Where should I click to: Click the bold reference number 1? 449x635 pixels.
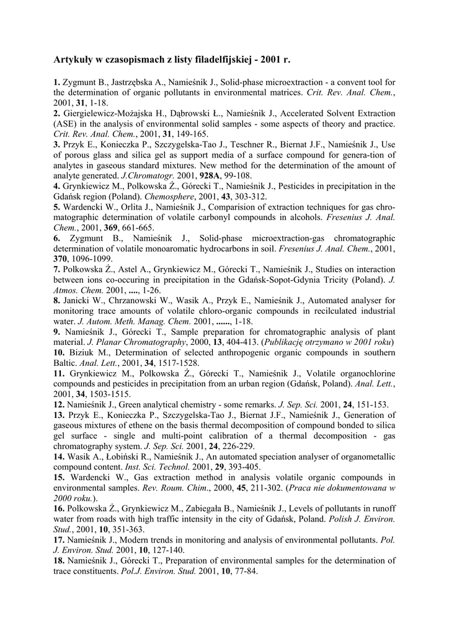pyautogui.click(x=56, y=82)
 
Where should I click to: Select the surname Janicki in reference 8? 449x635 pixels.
pyautogui.click(x=80, y=300)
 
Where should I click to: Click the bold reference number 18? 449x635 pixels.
pyautogui.click(x=59, y=561)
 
